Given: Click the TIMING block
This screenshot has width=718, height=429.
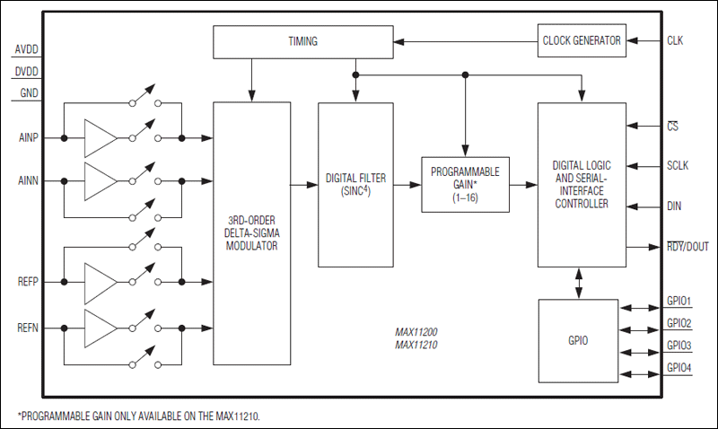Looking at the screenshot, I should coord(303,41).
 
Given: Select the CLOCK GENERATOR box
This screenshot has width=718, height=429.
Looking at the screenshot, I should coord(582,40).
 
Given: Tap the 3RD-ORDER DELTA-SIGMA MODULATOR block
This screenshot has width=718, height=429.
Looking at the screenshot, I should coord(251,232).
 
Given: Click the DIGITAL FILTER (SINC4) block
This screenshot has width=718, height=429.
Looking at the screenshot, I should coord(355,184).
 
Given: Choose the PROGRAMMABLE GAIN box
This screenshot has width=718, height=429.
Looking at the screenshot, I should coord(465,183).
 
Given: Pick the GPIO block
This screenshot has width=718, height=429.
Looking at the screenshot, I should coord(577,342).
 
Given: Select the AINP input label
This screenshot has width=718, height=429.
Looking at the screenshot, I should coord(29,138).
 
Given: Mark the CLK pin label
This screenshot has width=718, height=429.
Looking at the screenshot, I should coord(675,40).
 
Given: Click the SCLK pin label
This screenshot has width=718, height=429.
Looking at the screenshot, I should coord(679,166).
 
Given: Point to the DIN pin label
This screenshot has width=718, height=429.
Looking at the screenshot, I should coord(674,206).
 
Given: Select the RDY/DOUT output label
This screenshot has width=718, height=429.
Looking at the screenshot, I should coord(687,247).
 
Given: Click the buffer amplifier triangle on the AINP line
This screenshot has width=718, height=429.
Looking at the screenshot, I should coord(99,138).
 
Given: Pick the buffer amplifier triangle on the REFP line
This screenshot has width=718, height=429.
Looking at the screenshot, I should coord(99,282).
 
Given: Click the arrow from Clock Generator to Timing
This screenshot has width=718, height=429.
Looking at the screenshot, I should coord(467,40).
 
